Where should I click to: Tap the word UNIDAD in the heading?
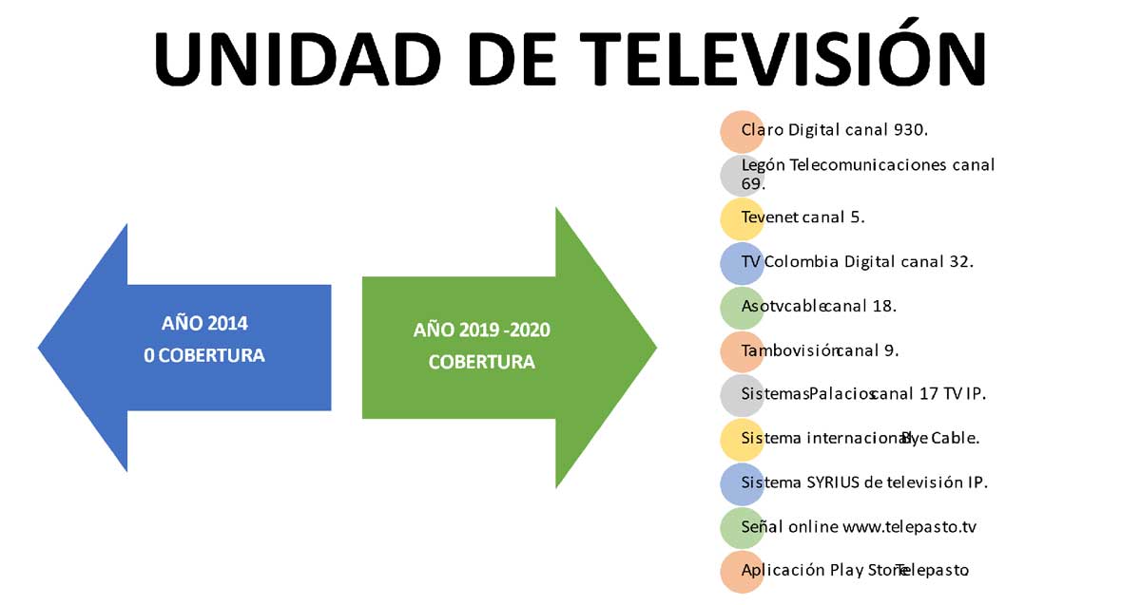click(x=297, y=59)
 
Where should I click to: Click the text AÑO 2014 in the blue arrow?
click(x=204, y=323)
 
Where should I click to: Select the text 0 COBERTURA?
click(x=204, y=355)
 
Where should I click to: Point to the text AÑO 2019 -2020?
click(x=482, y=330)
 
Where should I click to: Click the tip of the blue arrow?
click(x=38, y=349)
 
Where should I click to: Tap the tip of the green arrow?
click(x=657, y=348)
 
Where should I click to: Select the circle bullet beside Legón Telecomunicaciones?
click(x=742, y=176)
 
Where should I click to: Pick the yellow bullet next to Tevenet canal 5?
click(x=742, y=219)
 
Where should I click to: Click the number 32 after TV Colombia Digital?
click(x=959, y=261)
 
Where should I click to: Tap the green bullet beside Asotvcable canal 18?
click(x=742, y=308)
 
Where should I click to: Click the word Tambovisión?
click(x=789, y=350)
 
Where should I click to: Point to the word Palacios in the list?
click(x=841, y=394)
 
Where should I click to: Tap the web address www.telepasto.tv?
click(x=909, y=526)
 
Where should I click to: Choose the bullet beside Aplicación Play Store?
click(x=742, y=572)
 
